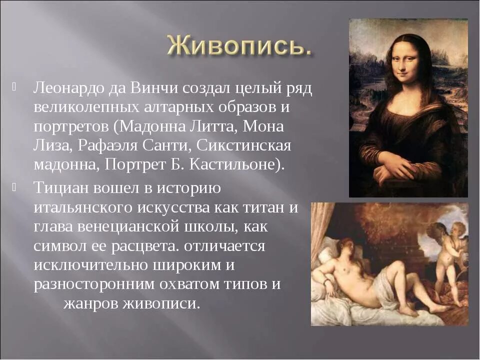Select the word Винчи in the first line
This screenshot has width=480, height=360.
(148, 89)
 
